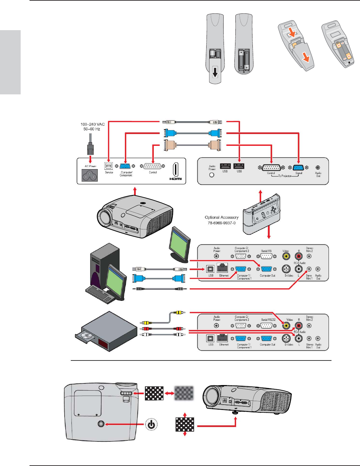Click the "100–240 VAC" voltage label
[92, 124]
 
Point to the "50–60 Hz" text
[92, 129]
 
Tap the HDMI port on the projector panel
[175, 170]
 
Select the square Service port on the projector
[109, 166]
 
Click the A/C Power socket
[90, 176]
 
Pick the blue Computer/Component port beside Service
[125, 166]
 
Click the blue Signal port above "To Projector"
[298, 167]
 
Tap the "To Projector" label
[285, 176]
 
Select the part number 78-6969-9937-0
[222, 223]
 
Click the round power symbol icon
[151, 424]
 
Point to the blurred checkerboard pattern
[184, 393]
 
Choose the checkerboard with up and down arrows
[185, 424]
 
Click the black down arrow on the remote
[215, 72]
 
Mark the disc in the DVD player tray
[86, 335]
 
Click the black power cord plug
[90, 149]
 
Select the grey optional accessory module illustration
[262, 215]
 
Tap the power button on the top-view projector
[101, 424]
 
